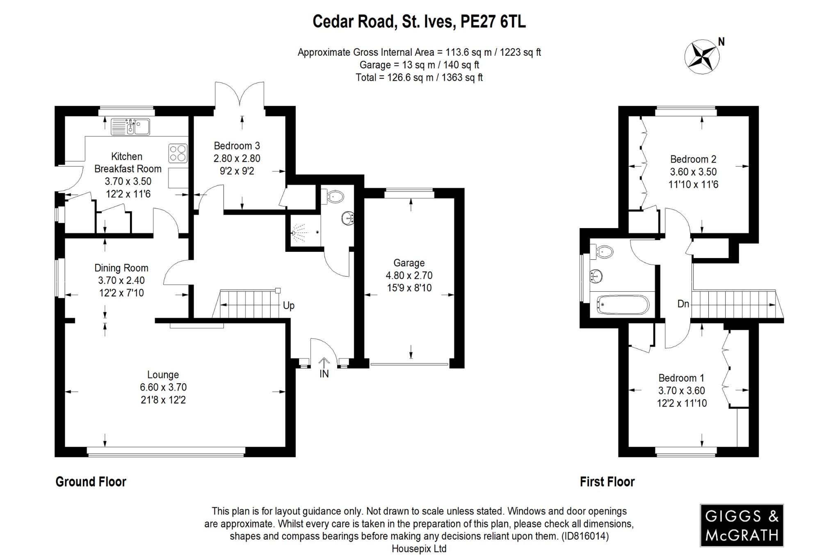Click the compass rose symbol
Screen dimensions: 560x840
702,57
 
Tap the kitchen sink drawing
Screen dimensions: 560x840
130,127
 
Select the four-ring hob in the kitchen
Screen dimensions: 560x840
178,153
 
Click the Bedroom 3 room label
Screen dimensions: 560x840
237,146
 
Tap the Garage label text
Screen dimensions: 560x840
409,263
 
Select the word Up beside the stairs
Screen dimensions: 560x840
288,306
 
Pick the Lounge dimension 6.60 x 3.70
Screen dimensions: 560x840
163,387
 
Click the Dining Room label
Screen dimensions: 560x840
121,268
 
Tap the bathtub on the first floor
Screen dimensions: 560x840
623,304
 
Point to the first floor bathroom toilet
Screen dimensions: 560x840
603,251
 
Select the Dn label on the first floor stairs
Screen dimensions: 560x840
683,304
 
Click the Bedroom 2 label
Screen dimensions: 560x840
693,159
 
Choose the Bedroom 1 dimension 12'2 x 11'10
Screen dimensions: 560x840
682,403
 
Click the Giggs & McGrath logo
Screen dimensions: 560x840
741,526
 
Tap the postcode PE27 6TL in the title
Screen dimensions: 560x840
493,21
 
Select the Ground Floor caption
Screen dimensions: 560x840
91,482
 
